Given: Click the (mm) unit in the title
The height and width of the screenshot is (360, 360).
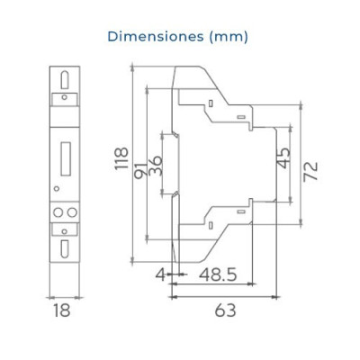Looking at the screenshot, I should coord(228,37).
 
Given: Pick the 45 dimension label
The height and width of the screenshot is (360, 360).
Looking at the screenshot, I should coord(282,163).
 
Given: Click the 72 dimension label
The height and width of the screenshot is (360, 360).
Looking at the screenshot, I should coord(310,172).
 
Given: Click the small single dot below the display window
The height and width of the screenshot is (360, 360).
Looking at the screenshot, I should coord(58,188).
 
